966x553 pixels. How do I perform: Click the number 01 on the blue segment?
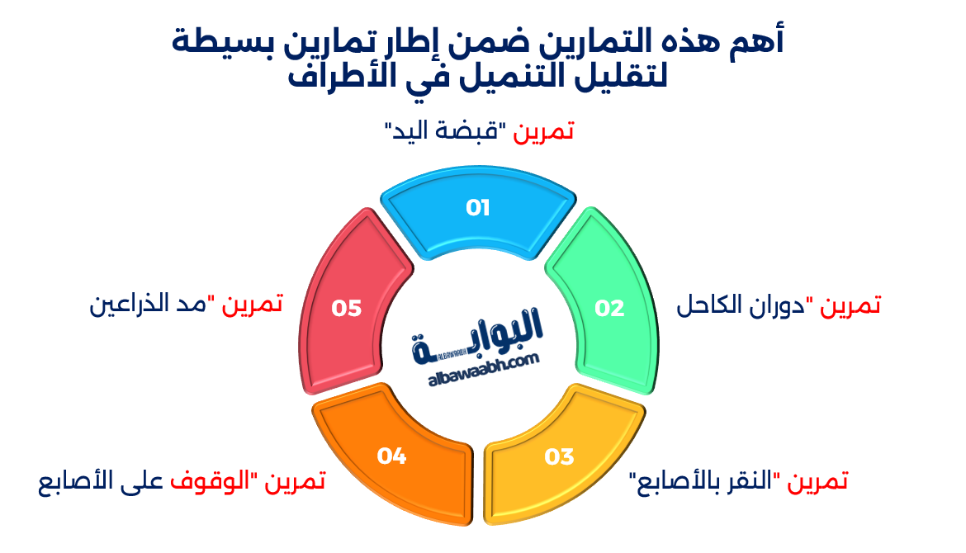[478, 208]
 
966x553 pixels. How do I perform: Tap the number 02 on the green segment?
[610, 308]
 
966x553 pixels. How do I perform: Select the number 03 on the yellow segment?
[559, 456]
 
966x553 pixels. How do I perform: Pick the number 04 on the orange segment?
[392, 456]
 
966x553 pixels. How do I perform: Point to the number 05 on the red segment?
[347, 308]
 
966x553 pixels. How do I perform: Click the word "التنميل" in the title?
[485, 79]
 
